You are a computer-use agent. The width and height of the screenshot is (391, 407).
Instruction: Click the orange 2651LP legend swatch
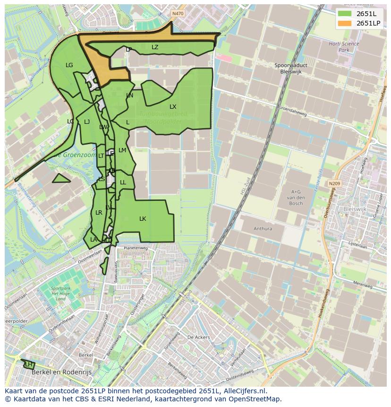click(345, 23)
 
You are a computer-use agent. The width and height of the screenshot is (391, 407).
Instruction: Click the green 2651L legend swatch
click(345, 14)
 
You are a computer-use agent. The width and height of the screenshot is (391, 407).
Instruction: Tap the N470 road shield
click(178, 14)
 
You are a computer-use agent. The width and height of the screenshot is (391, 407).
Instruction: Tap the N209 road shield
click(334, 183)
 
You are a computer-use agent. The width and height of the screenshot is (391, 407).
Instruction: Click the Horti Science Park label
click(344, 47)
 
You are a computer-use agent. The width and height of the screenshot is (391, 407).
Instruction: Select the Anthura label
click(263, 229)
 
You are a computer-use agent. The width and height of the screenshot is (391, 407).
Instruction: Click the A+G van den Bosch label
click(297, 198)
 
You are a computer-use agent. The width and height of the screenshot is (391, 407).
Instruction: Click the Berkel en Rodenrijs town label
click(61, 372)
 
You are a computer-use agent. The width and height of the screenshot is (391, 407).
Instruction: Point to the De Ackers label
click(198, 337)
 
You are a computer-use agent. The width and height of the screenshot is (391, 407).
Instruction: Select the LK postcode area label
click(143, 218)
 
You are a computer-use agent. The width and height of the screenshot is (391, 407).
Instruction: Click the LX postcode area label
click(173, 107)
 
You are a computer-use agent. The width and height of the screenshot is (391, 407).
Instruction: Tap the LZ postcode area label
click(155, 47)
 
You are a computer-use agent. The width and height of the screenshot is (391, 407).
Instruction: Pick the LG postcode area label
click(69, 65)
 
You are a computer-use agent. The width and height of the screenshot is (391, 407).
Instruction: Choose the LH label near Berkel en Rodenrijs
click(29, 364)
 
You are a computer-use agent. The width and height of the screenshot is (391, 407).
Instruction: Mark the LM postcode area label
click(122, 150)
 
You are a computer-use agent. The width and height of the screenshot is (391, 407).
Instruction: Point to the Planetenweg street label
click(136, 248)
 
